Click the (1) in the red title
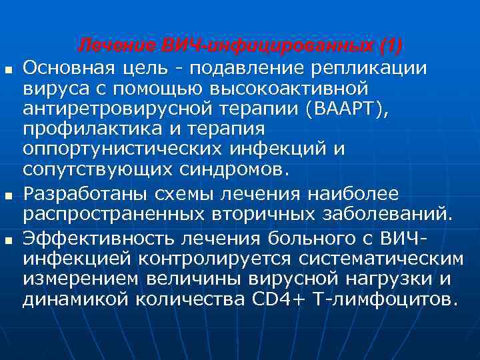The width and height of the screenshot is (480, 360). point(390,45)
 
